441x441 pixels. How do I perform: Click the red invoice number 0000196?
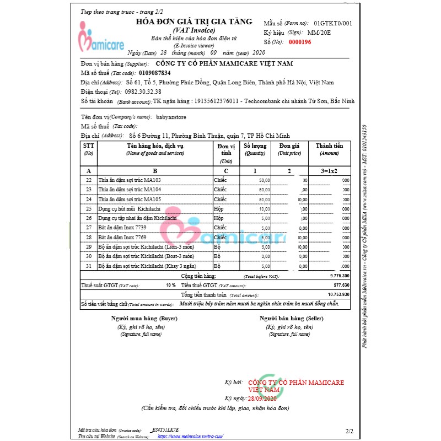(x=300, y=42)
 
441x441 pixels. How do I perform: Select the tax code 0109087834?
(x=155, y=73)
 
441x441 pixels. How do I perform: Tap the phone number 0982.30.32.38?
(x=143, y=92)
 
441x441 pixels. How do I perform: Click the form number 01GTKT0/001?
(x=332, y=24)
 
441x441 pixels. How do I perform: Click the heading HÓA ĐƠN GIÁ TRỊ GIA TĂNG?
(x=194, y=21)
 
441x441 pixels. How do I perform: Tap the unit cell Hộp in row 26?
(x=219, y=218)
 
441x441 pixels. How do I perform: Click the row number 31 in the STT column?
(x=89, y=266)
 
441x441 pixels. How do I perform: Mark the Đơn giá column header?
(x=289, y=149)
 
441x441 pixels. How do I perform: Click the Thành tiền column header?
(x=329, y=149)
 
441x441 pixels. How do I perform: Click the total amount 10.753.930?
(x=338, y=295)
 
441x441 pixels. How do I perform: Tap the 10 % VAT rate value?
(x=170, y=285)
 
